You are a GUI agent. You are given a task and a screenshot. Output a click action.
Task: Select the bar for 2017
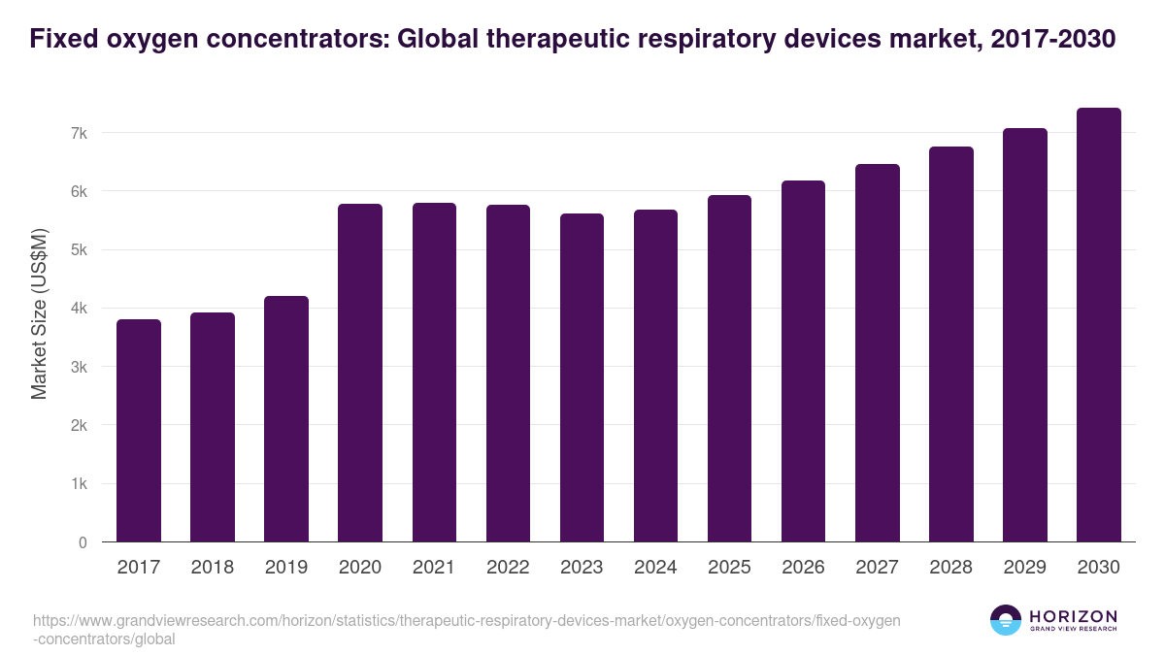pyautogui.click(x=139, y=431)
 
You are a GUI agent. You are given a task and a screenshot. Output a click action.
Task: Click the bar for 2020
pyautogui.click(x=360, y=373)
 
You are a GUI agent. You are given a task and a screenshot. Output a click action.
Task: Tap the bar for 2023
pyautogui.click(x=582, y=377)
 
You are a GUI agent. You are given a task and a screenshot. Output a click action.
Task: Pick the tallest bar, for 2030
pyautogui.click(x=1098, y=325)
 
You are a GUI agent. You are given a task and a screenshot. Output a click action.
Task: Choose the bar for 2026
pyautogui.click(x=803, y=361)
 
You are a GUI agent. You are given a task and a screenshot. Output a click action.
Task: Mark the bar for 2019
pyautogui.click(x=286, y=419)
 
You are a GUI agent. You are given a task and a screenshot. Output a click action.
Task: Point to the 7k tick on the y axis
pyautogui.click(x=78, y=133)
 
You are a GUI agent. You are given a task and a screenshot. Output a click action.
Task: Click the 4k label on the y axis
pyautogui.click(x=78, y=309)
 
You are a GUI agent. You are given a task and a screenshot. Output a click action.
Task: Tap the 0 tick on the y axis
pyautogui.click(x=83, y=542)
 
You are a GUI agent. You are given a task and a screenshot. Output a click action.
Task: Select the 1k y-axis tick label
pyautogui.click(x=78, y=484)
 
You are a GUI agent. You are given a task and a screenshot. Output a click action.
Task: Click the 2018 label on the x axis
pyautogui.click(x=213, y=568)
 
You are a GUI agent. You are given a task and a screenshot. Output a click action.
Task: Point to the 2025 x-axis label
pyautogui.click(x=729, y=568)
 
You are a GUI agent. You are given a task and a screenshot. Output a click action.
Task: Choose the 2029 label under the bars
pyautogui.click(x=1024, y=568)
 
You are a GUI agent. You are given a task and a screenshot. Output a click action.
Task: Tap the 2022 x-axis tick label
pyautogui.click(x=508, y=568)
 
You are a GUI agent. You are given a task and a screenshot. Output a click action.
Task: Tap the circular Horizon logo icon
pyautogui.click(x=1006, y=620)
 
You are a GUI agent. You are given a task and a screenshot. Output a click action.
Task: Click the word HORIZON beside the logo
pyautogui.click(x=1073, y=615)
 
